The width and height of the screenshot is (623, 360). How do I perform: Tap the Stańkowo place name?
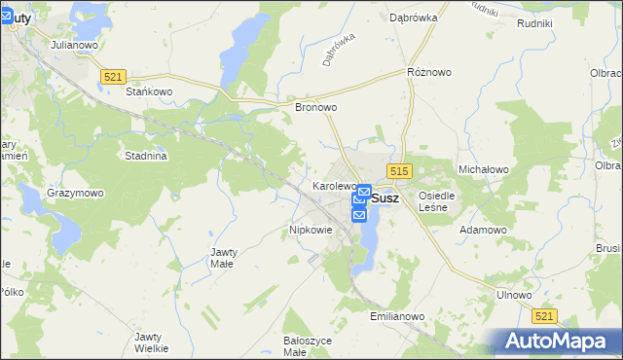149,92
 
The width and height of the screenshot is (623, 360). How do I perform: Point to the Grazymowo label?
75,193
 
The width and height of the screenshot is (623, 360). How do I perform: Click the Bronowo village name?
315,108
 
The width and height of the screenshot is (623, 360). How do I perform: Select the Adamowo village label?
483,230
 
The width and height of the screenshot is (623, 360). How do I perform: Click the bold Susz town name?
385,198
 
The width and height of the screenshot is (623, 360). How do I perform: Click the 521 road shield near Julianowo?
113,76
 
